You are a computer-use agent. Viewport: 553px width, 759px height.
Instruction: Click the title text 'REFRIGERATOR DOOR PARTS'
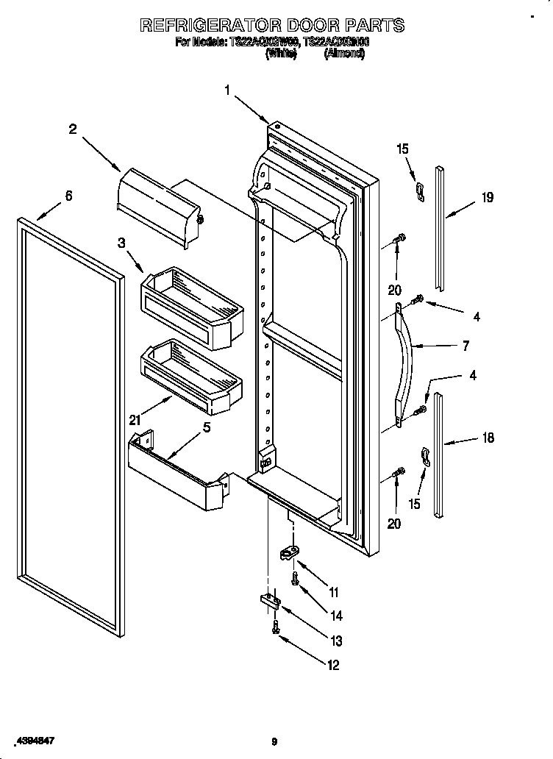272,25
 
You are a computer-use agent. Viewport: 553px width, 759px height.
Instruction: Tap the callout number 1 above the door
228,90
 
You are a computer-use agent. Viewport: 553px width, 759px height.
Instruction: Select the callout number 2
73,129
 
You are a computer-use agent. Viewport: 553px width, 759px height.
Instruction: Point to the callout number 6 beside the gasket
68,196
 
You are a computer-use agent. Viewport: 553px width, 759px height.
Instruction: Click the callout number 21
135,420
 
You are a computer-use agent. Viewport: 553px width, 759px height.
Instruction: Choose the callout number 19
487,197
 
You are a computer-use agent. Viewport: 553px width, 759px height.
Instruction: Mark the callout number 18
487,438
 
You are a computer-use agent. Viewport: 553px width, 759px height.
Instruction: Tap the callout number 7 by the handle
465,346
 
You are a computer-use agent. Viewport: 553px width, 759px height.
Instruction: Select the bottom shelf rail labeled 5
176,474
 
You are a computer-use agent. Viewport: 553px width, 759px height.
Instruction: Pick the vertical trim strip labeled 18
439,456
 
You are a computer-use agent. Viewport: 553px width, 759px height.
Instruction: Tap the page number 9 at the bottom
274,742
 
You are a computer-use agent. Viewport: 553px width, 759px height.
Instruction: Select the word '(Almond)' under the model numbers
344,54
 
